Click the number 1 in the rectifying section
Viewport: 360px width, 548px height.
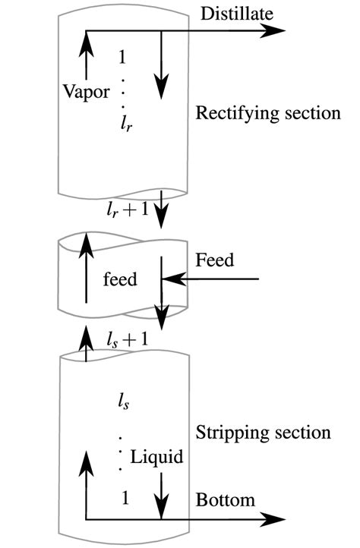pyautogui.click(x=123, y=58)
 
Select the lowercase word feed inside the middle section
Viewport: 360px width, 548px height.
pyautogui.click(x=120, y=279)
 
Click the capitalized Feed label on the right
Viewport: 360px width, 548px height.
pyautogui.click(x=214, y=260)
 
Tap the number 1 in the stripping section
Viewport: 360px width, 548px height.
pyautogui.click(x=124, y=496)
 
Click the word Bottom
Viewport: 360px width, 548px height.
pyautogui.click(x=225, y=500)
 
